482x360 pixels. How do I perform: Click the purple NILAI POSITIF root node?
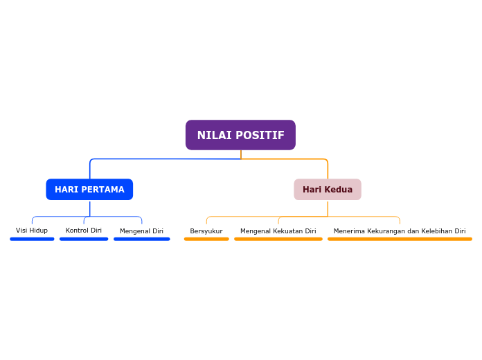coord(240,135)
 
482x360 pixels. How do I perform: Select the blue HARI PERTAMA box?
coord(89,190)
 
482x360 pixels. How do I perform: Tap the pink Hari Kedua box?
coord(328,190)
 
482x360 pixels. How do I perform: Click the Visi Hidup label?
coord(32,231)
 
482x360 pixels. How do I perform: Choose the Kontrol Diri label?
coord(84,231)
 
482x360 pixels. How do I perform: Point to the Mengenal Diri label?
coord(141,231)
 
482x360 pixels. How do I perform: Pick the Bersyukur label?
coord(206,231)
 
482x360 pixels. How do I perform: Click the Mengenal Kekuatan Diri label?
coord(278,231)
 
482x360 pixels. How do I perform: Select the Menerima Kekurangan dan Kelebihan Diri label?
coord(400,231)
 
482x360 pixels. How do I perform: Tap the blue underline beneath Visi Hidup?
coord(32,239)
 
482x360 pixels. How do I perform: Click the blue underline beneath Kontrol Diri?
coord(84,239)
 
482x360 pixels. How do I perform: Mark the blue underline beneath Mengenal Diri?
coord(141,239)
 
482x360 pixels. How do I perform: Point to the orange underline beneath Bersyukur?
coord(206,239)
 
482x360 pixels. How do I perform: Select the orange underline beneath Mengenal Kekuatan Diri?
coord(278,239)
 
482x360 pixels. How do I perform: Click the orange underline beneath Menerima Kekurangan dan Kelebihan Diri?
coord(400,239)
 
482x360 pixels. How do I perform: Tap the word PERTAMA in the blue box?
coord(104,190)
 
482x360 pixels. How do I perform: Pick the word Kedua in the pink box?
coord(339,190)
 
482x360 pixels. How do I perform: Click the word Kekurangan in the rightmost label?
coord(386,231)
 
